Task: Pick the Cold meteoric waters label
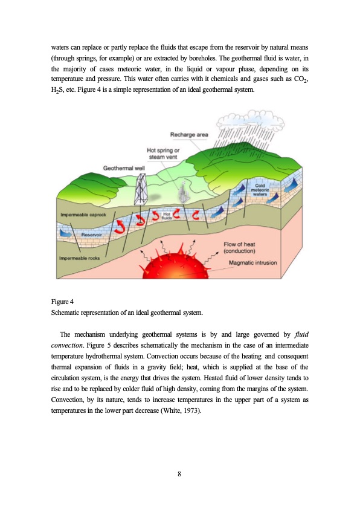coord(261,190)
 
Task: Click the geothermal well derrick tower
coord(143,189)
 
